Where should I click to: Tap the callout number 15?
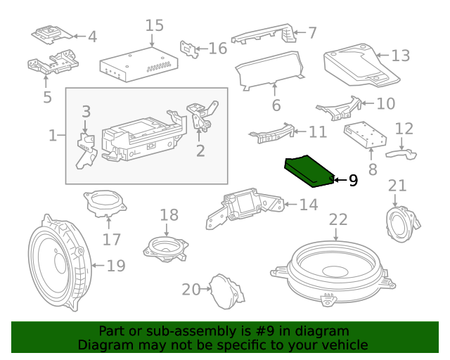click(154, 26)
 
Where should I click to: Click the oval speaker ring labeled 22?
click(338, 271)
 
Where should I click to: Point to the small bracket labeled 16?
click(188, 48)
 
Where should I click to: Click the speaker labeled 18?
click(167, 247)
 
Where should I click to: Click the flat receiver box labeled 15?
click(138, 63)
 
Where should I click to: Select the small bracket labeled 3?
click(86, 149)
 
